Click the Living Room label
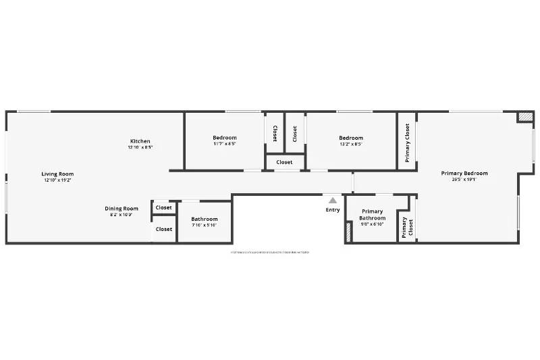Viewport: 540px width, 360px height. [x=57, y=174]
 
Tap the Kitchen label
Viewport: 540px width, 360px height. [x=140, y=141]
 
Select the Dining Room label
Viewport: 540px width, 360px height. [x=122, y=209]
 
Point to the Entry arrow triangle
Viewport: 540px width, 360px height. [x=332, y=200]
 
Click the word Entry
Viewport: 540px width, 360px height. [x=333, y=210]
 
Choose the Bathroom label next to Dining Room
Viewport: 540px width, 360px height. [x=204, y=219]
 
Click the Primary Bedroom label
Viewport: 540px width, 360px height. [x=464, y=174]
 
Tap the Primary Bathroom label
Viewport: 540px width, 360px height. [x=372, y=215]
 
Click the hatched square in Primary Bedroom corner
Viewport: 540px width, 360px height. [x=524, y=117]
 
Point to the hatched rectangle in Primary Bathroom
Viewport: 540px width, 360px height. [x=348, y=233]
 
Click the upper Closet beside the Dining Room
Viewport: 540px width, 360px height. [x=164, y=208]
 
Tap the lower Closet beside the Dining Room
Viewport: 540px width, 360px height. [x=164, y=230]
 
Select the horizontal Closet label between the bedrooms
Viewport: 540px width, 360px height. [x=284, y=162]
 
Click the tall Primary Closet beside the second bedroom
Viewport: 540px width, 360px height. [x=407, y=143]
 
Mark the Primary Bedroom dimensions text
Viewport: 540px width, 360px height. [x=464, y=180]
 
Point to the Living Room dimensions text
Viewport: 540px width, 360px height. [x=57, y=180]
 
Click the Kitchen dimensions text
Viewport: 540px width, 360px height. [x=140, y=147]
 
